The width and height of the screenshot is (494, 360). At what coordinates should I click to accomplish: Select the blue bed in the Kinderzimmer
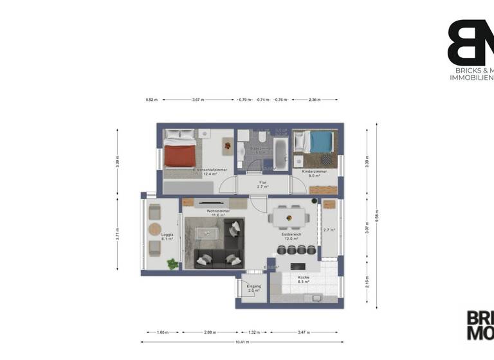tap(318, 141)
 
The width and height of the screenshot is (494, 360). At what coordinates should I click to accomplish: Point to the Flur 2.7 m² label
tap(262, 184)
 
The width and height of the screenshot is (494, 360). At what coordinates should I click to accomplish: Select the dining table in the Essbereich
tap(286, 217)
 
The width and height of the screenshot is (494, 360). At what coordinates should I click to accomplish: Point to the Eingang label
tap(254, 289)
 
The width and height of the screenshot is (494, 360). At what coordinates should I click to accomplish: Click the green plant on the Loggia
tap(172, 264)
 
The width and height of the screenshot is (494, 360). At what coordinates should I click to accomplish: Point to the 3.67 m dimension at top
tap(198, 100)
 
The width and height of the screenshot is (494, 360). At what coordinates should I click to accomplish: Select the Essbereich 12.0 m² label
tap(291, 237)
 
